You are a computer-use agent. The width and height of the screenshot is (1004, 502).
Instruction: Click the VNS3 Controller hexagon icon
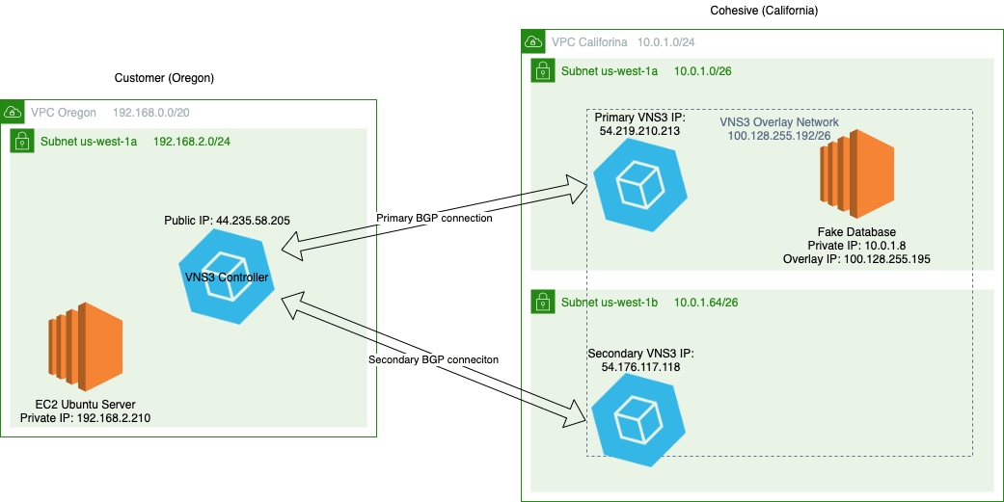tap(227, 278)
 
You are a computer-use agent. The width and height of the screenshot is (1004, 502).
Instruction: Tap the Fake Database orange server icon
tap(857, 176)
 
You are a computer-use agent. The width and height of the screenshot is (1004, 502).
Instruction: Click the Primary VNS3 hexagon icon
tap(638, 184)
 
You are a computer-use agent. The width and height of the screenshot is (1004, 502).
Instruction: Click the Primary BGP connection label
tap(434, 219)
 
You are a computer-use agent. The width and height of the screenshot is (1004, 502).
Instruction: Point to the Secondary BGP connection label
tap(432, 360)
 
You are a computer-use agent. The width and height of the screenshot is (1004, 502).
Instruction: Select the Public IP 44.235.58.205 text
tap(227, 221)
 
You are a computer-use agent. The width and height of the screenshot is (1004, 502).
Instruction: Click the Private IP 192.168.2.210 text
tap(85, 418)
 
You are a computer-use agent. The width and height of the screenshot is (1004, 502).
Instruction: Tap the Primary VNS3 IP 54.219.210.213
tap(638, 129)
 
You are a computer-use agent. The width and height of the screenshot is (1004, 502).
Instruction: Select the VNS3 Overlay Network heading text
tap(779, 123)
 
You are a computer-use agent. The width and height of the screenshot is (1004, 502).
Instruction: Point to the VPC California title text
tap(589, 42)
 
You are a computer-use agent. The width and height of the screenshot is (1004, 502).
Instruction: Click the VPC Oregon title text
tap(64, 113)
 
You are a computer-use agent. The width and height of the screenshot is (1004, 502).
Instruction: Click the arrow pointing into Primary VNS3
tap(559, 191)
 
